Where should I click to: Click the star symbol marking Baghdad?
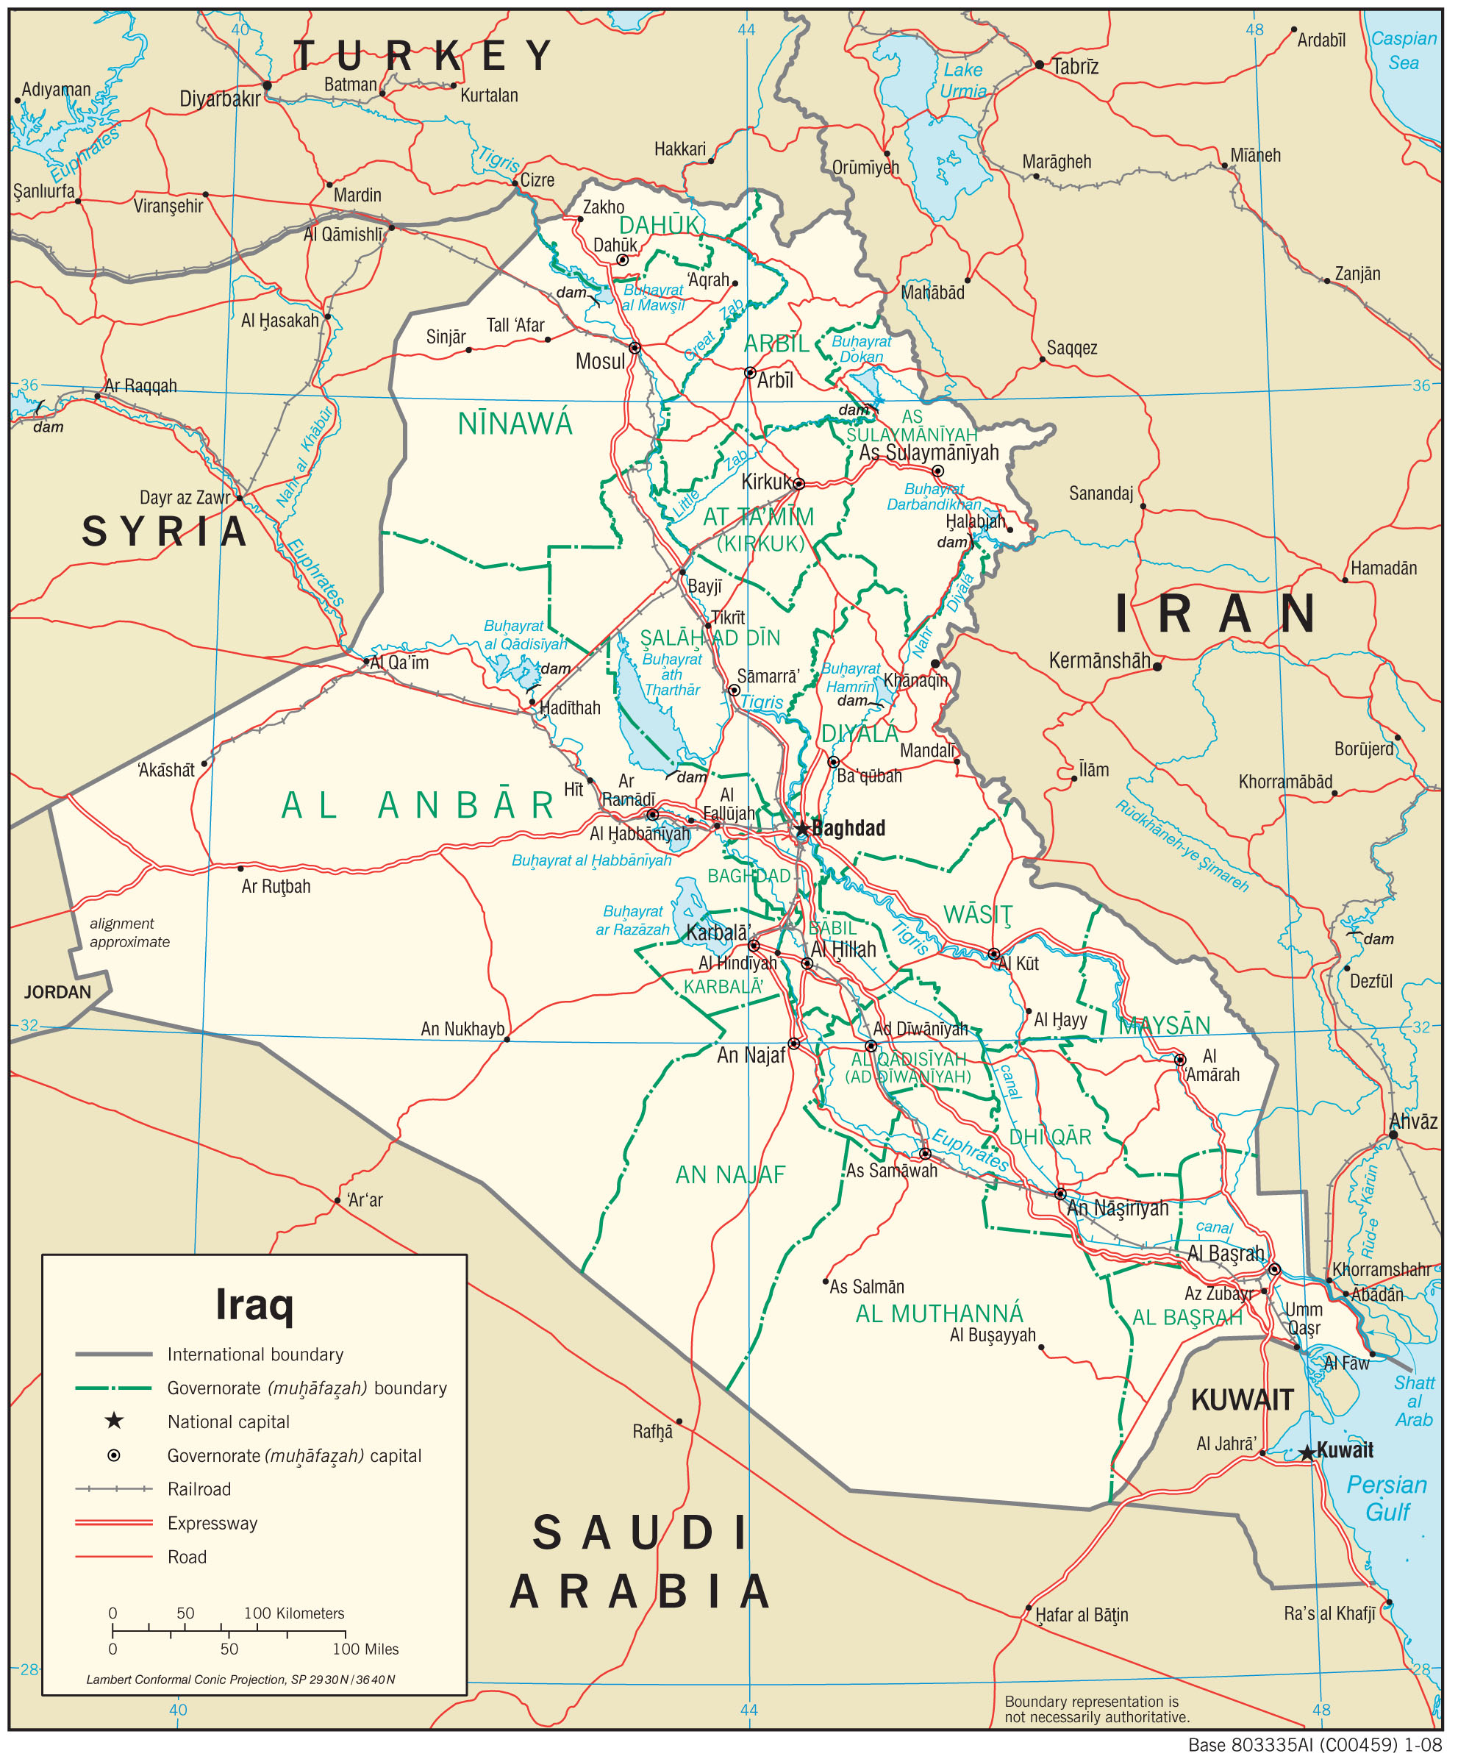802,829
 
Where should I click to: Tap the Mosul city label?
601,362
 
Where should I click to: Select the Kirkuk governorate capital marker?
799,483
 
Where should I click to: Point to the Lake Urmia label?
962,80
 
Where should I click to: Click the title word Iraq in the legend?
254,1304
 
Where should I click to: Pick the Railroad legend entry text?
199,1488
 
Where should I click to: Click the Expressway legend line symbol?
114,1522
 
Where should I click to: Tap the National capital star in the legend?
114,1421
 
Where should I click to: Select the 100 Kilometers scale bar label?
294,1613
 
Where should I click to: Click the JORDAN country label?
57,993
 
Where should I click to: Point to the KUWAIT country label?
1242,1399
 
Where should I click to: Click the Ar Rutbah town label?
276,886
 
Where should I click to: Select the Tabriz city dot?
1039,65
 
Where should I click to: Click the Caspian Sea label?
1404,50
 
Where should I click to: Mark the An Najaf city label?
751,1055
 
